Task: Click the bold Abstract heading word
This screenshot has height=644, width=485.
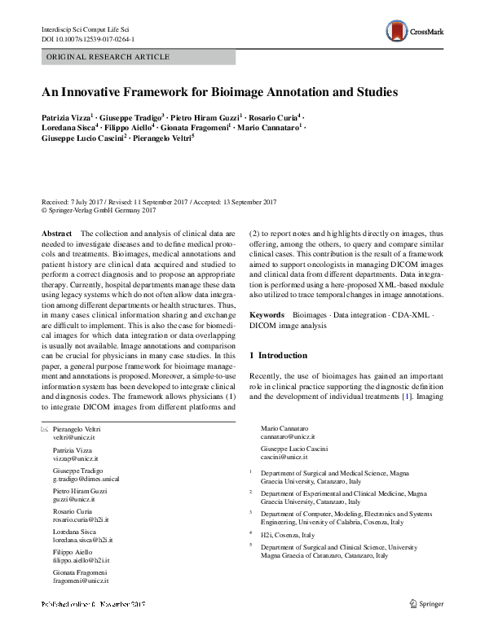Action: (x=56, y=234)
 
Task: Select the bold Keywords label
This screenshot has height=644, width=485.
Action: (x=267, y=313)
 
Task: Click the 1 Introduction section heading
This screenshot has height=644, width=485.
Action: (x=278, y=356)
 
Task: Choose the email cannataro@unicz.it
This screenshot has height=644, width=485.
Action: (x=287, y=437)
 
